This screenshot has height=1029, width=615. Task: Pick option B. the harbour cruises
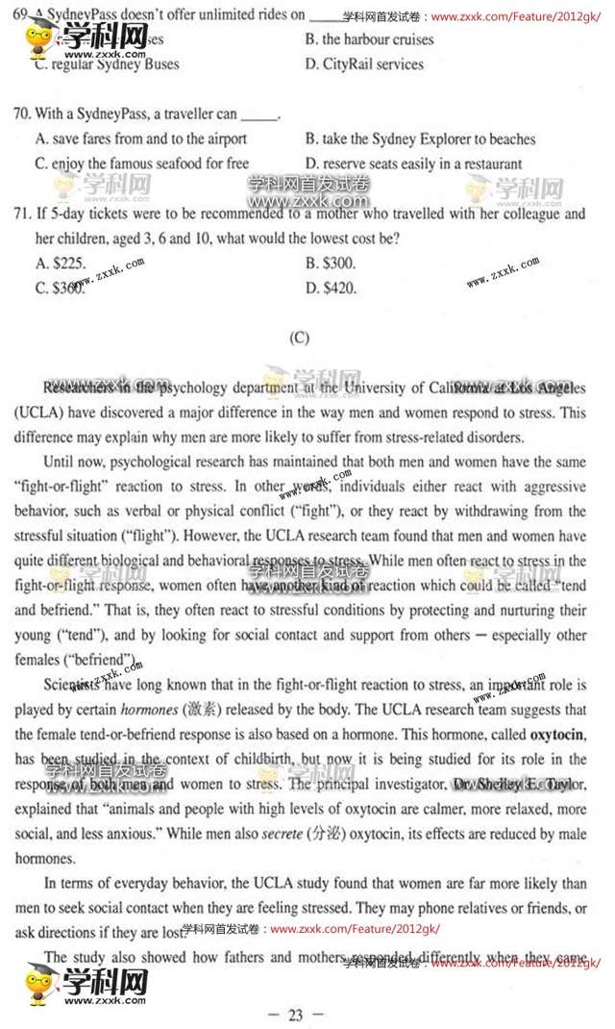(369, 39)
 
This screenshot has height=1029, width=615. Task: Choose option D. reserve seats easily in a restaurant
(413, 163)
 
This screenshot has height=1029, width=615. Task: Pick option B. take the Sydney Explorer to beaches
(420, 139)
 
